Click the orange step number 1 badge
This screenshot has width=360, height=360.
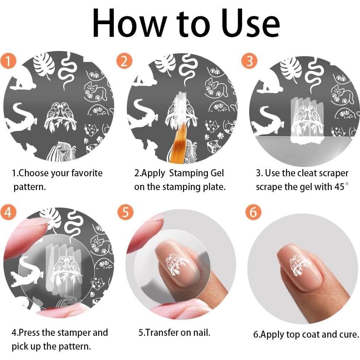8,61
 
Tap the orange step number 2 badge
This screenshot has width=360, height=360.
124,61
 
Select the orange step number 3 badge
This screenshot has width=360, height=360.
249,61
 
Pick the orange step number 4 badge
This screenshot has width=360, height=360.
8,212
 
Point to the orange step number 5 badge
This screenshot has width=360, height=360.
125,212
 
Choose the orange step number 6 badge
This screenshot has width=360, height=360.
253,212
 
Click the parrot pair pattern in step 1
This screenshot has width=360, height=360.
61,117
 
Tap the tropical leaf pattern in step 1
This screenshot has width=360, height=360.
44,65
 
